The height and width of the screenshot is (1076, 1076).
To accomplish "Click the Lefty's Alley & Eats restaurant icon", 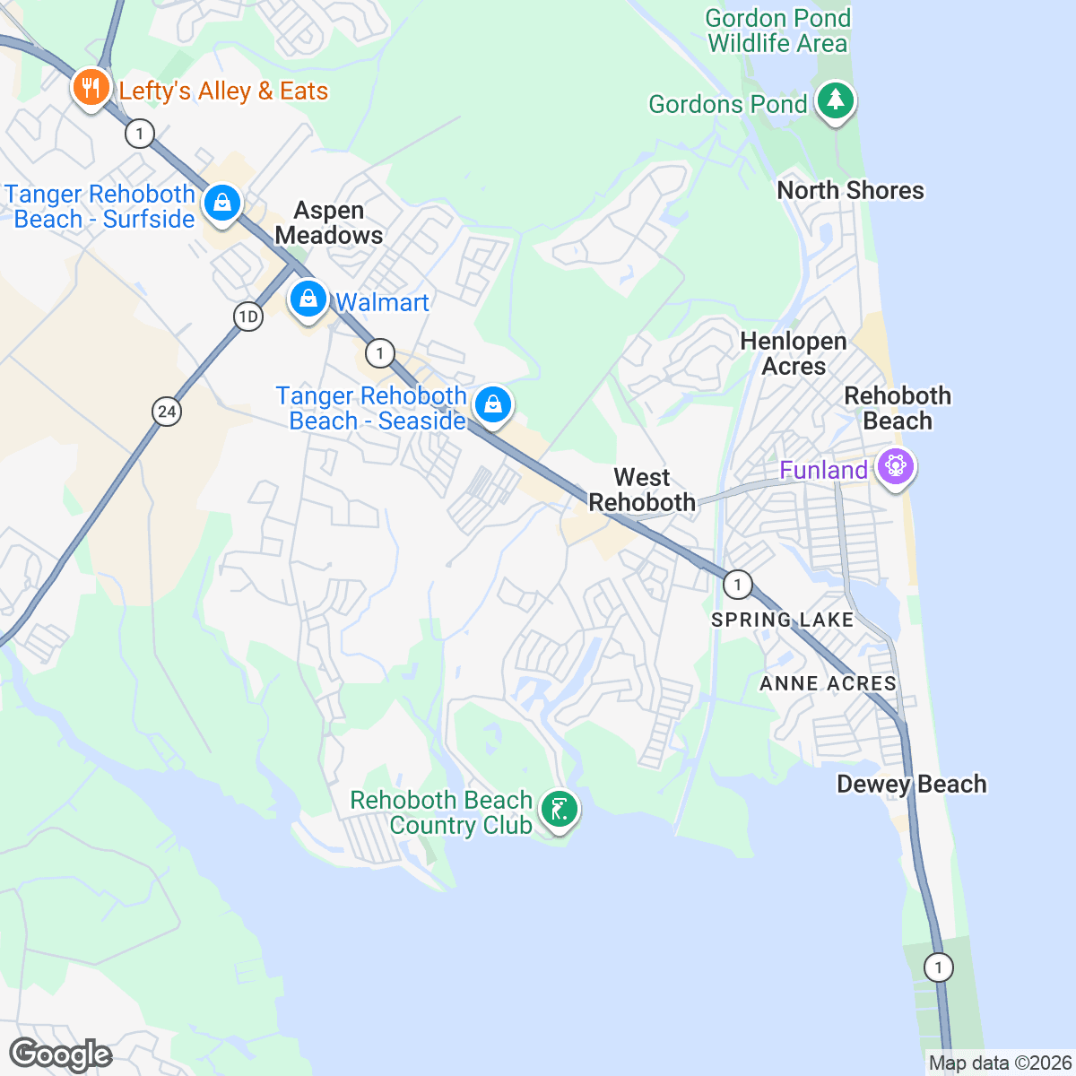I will tap(90, 88).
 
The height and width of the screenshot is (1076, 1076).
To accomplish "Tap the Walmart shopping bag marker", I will tap(308, 299).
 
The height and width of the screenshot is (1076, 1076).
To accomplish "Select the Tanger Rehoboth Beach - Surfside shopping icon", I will tap(221, 203).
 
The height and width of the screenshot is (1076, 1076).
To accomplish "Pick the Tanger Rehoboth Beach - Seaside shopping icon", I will tap(492, 404).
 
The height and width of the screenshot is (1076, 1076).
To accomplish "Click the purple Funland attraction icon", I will tap(895, 466).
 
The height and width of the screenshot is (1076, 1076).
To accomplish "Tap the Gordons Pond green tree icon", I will tap(836, 100).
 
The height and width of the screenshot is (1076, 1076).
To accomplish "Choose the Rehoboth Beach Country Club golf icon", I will tap(560, 810).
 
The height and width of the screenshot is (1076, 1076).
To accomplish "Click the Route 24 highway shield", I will tap(167, 412).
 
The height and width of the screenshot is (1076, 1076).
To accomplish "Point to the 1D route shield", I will tap(247, 317).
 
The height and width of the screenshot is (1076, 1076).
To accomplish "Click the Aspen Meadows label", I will tap(329, 222).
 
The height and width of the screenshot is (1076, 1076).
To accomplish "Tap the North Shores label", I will tap(850, 190).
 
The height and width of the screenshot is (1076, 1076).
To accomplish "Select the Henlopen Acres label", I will tap(794, 353).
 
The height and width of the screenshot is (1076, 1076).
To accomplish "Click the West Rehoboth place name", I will tap(642, 490).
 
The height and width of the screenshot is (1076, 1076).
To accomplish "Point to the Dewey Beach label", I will tap(911, 784).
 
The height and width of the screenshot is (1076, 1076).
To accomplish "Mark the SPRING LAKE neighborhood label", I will tap(782, 620).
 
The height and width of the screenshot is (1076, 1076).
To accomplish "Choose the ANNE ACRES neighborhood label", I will tap(828, 683).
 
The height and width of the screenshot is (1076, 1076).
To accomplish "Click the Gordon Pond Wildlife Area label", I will tap(777, 30).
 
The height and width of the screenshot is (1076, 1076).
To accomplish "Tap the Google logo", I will tap(60, 1054).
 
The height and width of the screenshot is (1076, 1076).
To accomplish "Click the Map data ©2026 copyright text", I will tap(999, 1063).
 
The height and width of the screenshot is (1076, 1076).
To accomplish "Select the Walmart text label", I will tap(382, 302).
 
